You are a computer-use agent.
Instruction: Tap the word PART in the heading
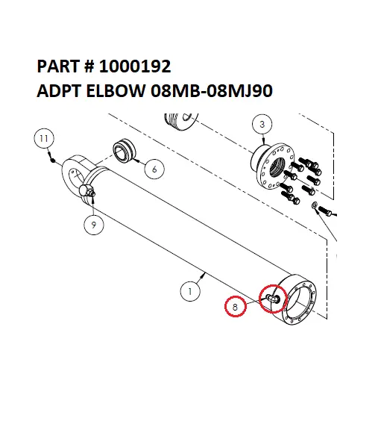pyautogui.click(x=57, y=67)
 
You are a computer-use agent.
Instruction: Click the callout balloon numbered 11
pyautogui.click(x=45, y=139)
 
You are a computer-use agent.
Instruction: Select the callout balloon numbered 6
pyautogui.click(x=154, y=169)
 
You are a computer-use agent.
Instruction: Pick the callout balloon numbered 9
pyautogui.click(x=93, y=223)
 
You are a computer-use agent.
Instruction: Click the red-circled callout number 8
pyautogui.click(x=236, y=306)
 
